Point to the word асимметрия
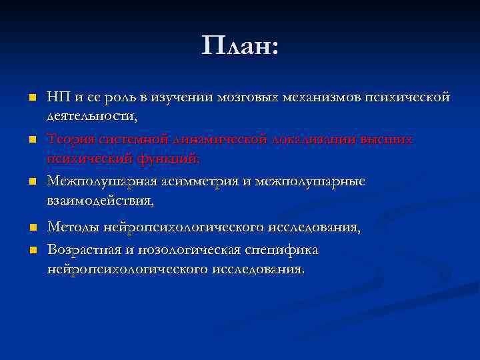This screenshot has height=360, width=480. point(199,181)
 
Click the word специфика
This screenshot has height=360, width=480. point(284,250)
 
